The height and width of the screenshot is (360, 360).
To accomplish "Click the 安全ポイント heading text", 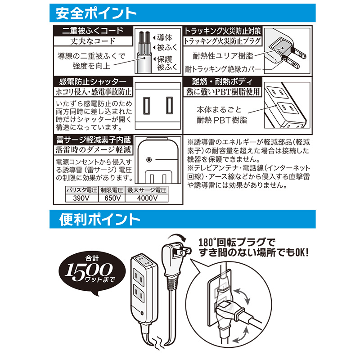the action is click(x=96, y=13).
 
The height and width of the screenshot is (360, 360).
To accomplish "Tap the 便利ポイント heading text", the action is click(x=99, y=220).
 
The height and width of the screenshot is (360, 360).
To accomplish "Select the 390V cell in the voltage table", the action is click(x=82, y=198).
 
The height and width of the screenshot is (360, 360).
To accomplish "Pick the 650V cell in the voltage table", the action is click(x=112, y=198).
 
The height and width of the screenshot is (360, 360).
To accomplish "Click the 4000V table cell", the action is click(x=147, y=198).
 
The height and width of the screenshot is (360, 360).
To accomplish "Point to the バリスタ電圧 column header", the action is click(x=82, y=190).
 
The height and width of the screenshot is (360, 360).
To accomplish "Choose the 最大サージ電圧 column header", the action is click(x=147, y=190).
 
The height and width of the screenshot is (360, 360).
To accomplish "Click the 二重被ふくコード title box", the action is click(x=93, y=31).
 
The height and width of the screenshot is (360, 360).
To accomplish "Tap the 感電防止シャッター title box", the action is click(x=93, y=82).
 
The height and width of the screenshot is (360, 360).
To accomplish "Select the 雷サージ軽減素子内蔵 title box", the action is click(x=94, y=140).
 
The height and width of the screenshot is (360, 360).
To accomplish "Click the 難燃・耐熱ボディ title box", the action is click(x=222, y=82).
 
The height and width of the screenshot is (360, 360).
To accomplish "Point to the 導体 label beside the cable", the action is click(x=164, y=37).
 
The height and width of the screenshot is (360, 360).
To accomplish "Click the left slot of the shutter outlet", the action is click(x=147, y=106).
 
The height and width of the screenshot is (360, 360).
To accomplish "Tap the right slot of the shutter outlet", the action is click(x=170, y=106).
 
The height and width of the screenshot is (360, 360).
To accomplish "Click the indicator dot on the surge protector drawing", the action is click(x=149, y=160).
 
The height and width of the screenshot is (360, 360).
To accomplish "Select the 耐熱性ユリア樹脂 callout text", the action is click(x=223, y=56).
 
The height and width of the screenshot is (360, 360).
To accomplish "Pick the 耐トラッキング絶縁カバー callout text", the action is click(x=223, y=69).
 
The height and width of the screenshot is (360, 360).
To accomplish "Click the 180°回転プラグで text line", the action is click(x=237, y=243).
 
